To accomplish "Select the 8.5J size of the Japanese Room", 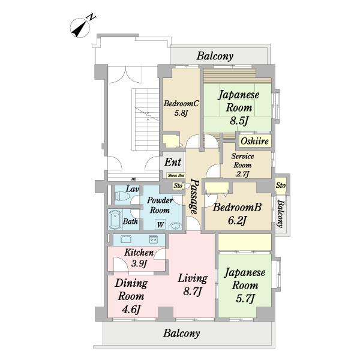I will (238, 122).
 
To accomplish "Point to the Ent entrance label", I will (173, 162).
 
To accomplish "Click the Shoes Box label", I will (175, 176).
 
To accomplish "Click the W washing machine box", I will (160, 224).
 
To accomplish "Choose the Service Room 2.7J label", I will (243, 164).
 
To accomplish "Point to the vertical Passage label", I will (194, 197).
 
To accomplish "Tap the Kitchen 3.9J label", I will (139, 257).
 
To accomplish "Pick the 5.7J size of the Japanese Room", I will (245, 298).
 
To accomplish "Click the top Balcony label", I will (214, 56).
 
